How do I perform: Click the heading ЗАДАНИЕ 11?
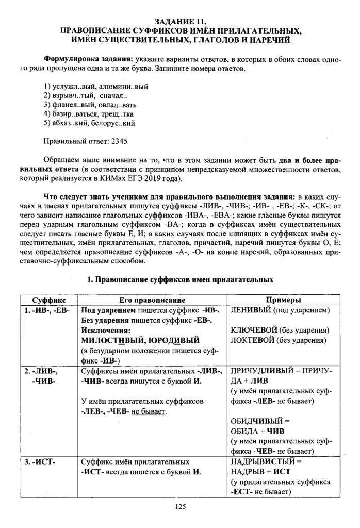point(180,22)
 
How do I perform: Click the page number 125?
point(180,507)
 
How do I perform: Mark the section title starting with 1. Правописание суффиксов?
point(180,280)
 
